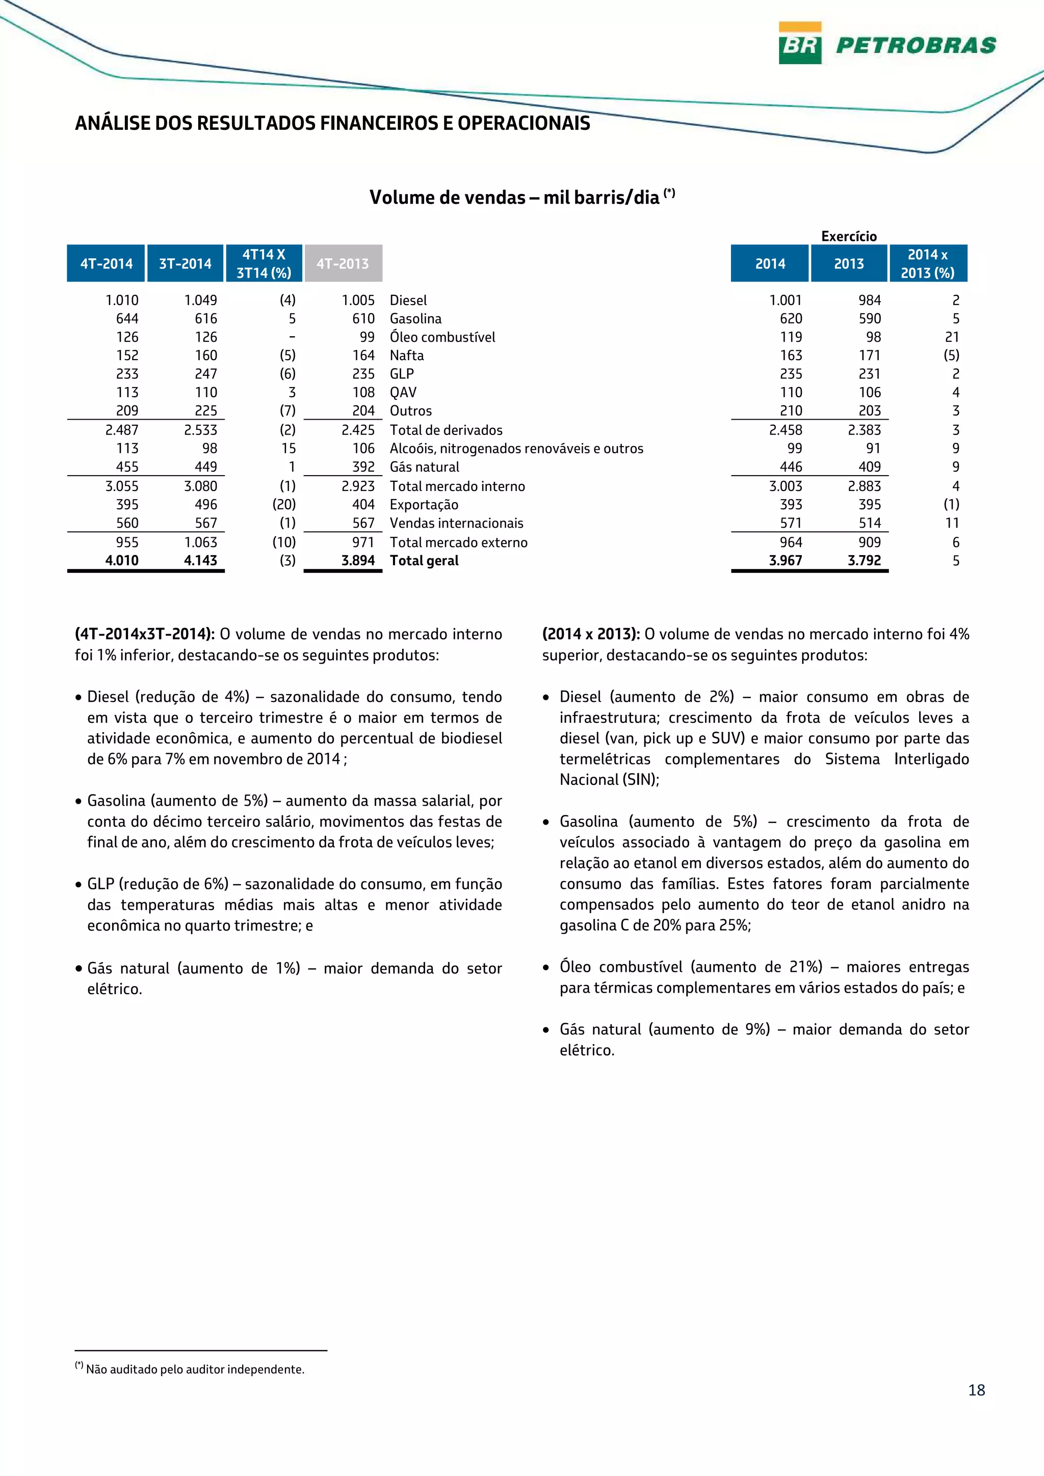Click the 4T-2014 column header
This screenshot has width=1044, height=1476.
click(x=106, y=264)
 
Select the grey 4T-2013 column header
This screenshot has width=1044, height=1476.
click(x=343, y=264)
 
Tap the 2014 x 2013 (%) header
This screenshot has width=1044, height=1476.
click(x=928, y=264)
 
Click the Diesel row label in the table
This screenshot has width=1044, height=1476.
click(x=408, y=300)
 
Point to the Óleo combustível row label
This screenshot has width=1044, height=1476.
click(x=442, y=337)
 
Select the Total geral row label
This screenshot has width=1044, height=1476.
click(x=424, y=561)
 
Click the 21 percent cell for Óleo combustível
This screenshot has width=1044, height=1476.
click(x=952, y=337)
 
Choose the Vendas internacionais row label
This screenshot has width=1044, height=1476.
click(x=456, y=523)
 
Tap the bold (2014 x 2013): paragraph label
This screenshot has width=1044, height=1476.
click(x=590, y=634)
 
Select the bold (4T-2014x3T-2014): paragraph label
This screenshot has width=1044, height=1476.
click(x=145, y=634)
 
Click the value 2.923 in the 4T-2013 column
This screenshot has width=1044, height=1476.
click(x=358, y=486)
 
